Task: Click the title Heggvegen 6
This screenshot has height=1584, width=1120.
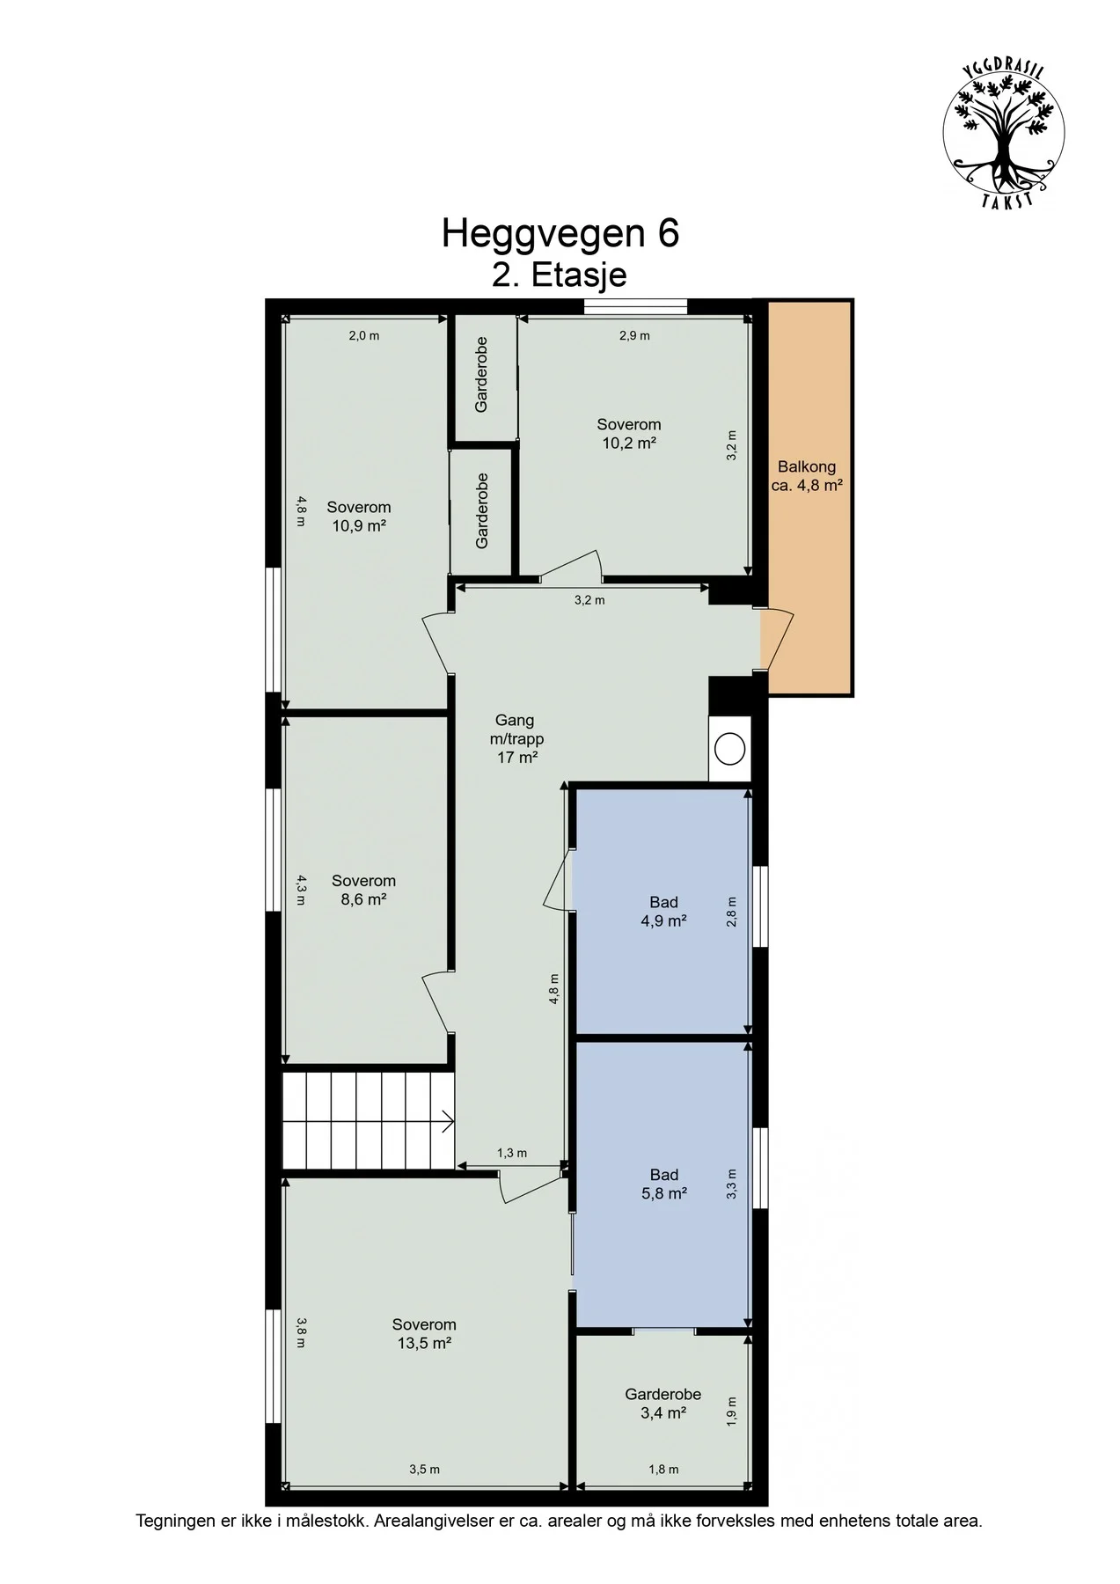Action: click(x=560, y=234)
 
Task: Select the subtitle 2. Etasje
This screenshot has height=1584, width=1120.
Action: click(x=560, y=275)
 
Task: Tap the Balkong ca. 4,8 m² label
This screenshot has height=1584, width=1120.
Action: click(x=807, y=476)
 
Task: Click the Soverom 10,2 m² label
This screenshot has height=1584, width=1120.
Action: click(x=629, y=434)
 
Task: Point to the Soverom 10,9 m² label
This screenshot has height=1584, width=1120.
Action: click(x=359, y=517)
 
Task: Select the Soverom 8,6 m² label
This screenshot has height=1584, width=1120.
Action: click(x=363, y=890)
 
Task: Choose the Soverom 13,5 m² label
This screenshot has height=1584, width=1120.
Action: click(x=424, y=1333)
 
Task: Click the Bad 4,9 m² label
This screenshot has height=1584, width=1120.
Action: click(x=664, y=912)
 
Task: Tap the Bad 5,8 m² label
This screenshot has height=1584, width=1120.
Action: click(x=664, y=1184)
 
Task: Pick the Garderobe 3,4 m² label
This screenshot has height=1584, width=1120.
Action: click(x=663, y=1404)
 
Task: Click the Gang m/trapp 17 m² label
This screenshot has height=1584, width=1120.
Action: click(x=516, y=739)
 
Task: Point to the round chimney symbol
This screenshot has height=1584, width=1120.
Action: click(x=729, y=749)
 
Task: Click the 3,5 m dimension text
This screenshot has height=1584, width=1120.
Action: click(x=424, y=1469)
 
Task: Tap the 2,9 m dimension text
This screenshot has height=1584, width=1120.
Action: click(x=634, y=335)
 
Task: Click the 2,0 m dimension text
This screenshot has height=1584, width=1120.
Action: click(x=363, y=335)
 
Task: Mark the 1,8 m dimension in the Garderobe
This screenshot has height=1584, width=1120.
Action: click(x=663, y=1469)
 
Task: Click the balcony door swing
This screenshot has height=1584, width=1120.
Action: click(x=778, y=639)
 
